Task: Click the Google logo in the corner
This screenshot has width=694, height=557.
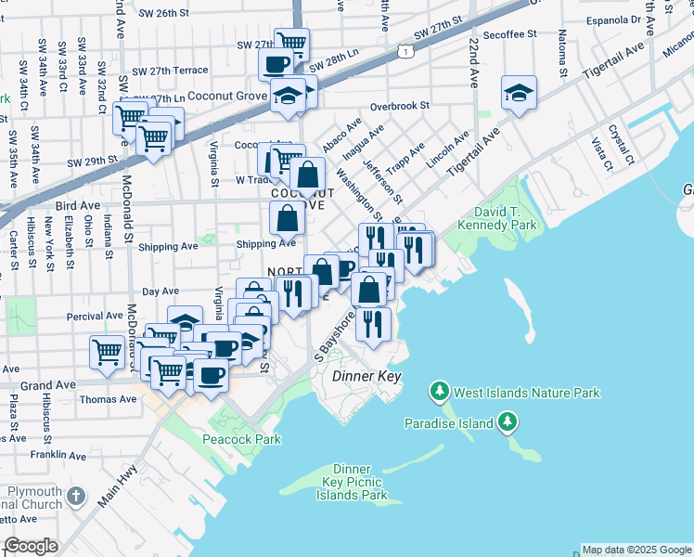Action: (x=32, y=546)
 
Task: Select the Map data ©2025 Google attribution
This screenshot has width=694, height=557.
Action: (x=636, y=550)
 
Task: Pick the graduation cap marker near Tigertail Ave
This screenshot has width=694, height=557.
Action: (x=519, y=93)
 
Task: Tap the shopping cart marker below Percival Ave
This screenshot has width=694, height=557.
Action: (x=108, y=352)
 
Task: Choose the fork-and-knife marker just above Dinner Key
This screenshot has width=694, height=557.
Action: (x=373, y=324)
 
